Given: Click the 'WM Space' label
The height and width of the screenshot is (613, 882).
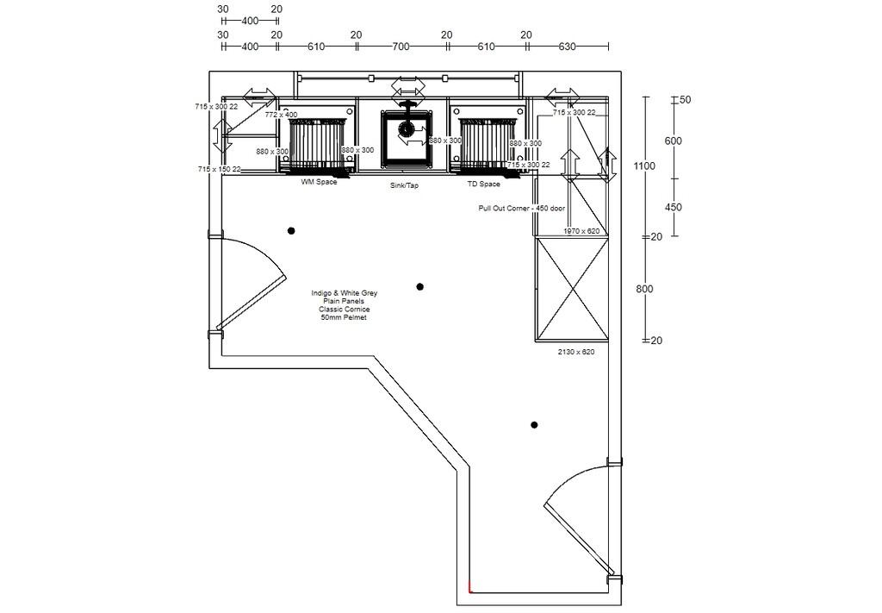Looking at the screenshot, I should (x=319, y=183).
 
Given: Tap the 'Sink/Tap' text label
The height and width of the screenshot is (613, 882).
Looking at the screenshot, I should (x=404, y=185).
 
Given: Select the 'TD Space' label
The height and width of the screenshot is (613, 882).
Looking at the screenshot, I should (x=483, y=185).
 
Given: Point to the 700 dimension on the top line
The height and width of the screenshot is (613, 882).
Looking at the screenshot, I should (x=401, y=46).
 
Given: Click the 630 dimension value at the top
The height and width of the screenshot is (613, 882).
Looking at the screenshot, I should (x=567, y=46).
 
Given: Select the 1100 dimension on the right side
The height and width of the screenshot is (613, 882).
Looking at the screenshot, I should (x=644, y=166).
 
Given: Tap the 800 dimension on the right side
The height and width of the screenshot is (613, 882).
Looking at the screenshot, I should (x=644, y=289).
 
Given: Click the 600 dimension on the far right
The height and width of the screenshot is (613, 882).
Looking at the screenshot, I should (x=673, y=141).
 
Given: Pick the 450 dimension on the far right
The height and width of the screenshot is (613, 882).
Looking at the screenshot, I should (x=673, y=208).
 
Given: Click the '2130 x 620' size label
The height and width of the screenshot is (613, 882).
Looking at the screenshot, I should (x=576, y=352).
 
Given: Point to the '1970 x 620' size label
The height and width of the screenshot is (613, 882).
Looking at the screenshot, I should (x=581, y=231).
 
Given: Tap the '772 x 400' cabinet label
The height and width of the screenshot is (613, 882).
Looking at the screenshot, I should (x=281, y=115).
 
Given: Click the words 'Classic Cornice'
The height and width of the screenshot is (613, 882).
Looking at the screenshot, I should (x=344, y=309).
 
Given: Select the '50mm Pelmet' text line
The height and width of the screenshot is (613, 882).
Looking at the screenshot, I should (x=344, y=317).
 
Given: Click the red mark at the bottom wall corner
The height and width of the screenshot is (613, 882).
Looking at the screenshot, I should (x=470, y=589).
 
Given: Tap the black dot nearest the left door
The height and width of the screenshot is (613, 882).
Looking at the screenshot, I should (x=291, y=230).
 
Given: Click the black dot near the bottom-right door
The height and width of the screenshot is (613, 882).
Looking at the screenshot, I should (x=534, y=425).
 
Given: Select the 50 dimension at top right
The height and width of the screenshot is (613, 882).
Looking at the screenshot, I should (x=686, y=100).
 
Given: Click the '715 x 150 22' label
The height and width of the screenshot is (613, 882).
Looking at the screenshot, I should (x=219, y=170).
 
